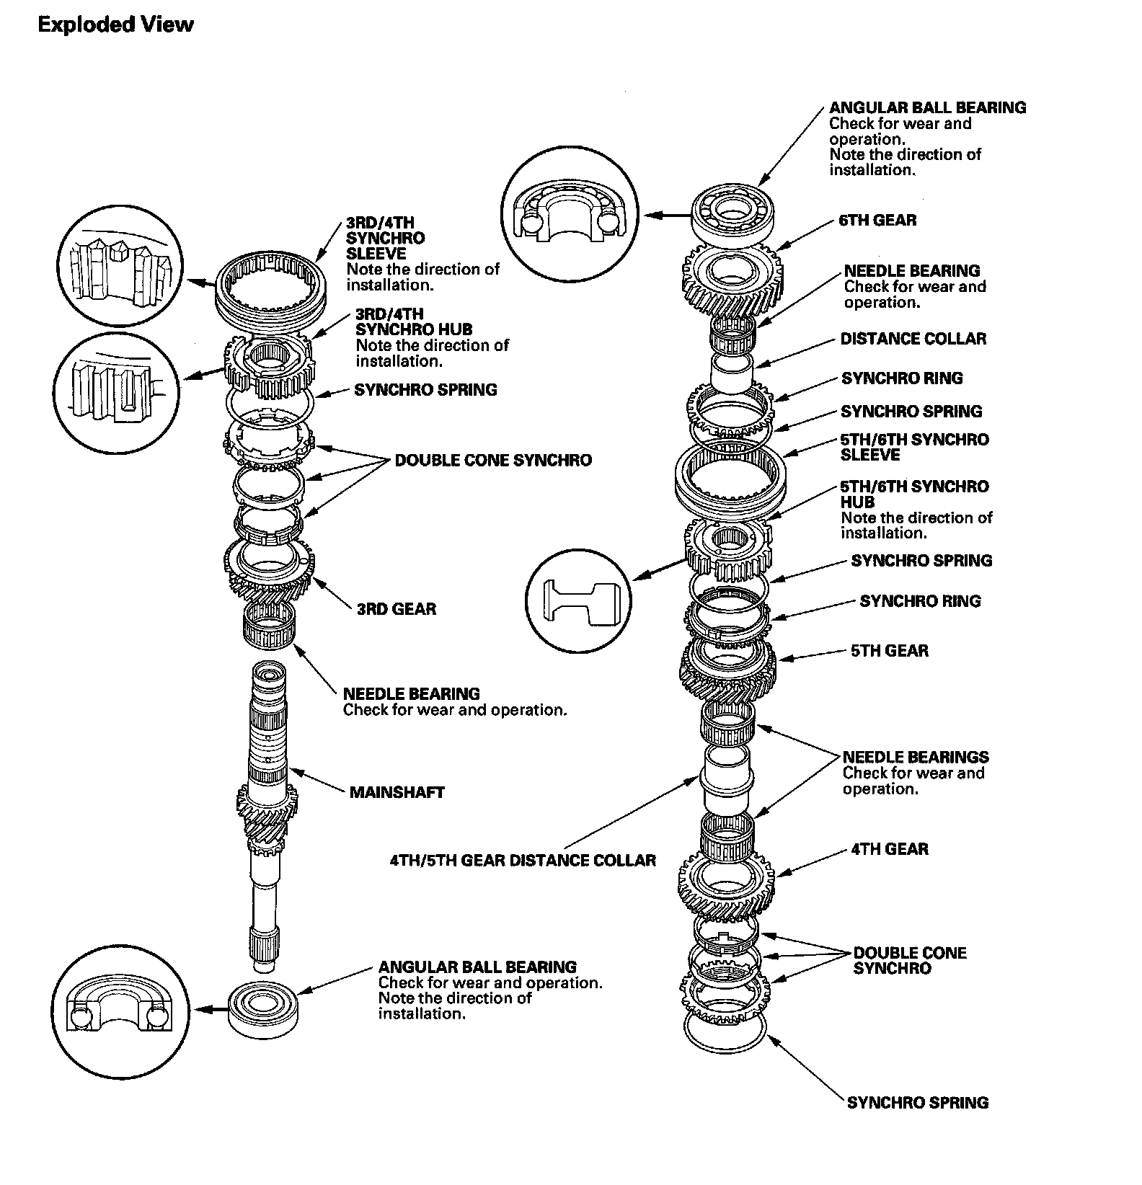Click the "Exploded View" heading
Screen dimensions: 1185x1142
[115, 25]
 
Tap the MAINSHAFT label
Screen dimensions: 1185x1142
[397, 793]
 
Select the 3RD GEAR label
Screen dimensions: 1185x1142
[397, 609]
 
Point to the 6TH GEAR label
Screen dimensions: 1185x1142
[877, 221]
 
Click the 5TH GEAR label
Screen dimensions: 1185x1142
[890, 651]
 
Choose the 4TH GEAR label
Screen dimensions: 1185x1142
[890, 849]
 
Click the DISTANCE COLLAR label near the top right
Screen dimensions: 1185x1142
[913, 339]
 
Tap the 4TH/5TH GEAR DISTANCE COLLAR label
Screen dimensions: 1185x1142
[523, 861]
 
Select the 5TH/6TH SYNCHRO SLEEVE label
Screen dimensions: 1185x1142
[914, 447]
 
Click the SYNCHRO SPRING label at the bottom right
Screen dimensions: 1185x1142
[917, 1103]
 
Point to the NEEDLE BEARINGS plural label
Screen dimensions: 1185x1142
[916, 758]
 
